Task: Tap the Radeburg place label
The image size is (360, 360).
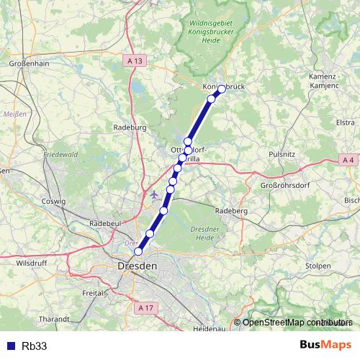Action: pyautogui.click(x=130, y=127)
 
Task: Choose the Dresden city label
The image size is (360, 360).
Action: pyautogui.click(x=136, y=266)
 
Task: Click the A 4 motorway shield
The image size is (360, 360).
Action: pyautogui.click(x=348, y=159)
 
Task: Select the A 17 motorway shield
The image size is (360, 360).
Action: pyautogui.click(x=145, y=307)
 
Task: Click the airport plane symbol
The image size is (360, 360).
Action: pyautogui.click(x=155, y=194)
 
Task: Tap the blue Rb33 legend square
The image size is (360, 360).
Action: pyautogui.click(x=10, y=346)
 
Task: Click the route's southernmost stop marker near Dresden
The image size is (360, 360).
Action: pyautogui.click(x=138, y=251)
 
